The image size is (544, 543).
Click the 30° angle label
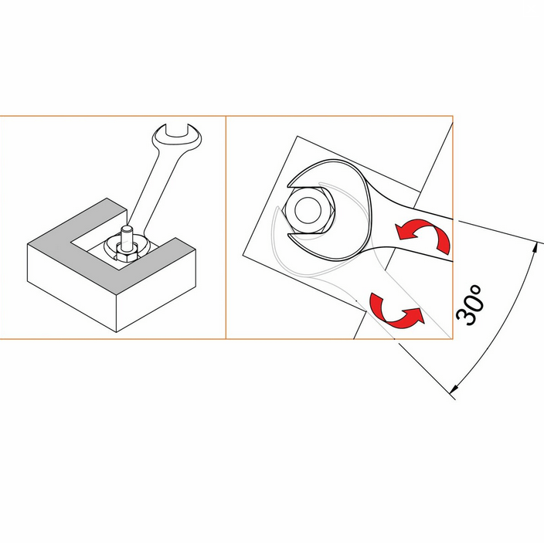click(469, 305)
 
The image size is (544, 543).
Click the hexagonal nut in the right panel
click(309, 210)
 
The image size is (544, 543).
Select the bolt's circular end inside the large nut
click(308, 210)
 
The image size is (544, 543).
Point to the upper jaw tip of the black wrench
click(289, 185)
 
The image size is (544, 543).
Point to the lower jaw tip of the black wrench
click(289, 236)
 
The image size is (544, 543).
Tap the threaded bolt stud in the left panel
click(127, 239)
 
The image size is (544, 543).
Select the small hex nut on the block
click(127, 254)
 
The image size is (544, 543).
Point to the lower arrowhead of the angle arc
click(454, 389)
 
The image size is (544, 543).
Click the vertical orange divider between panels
click(226, 227)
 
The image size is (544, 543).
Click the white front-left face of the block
click(71, 288)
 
